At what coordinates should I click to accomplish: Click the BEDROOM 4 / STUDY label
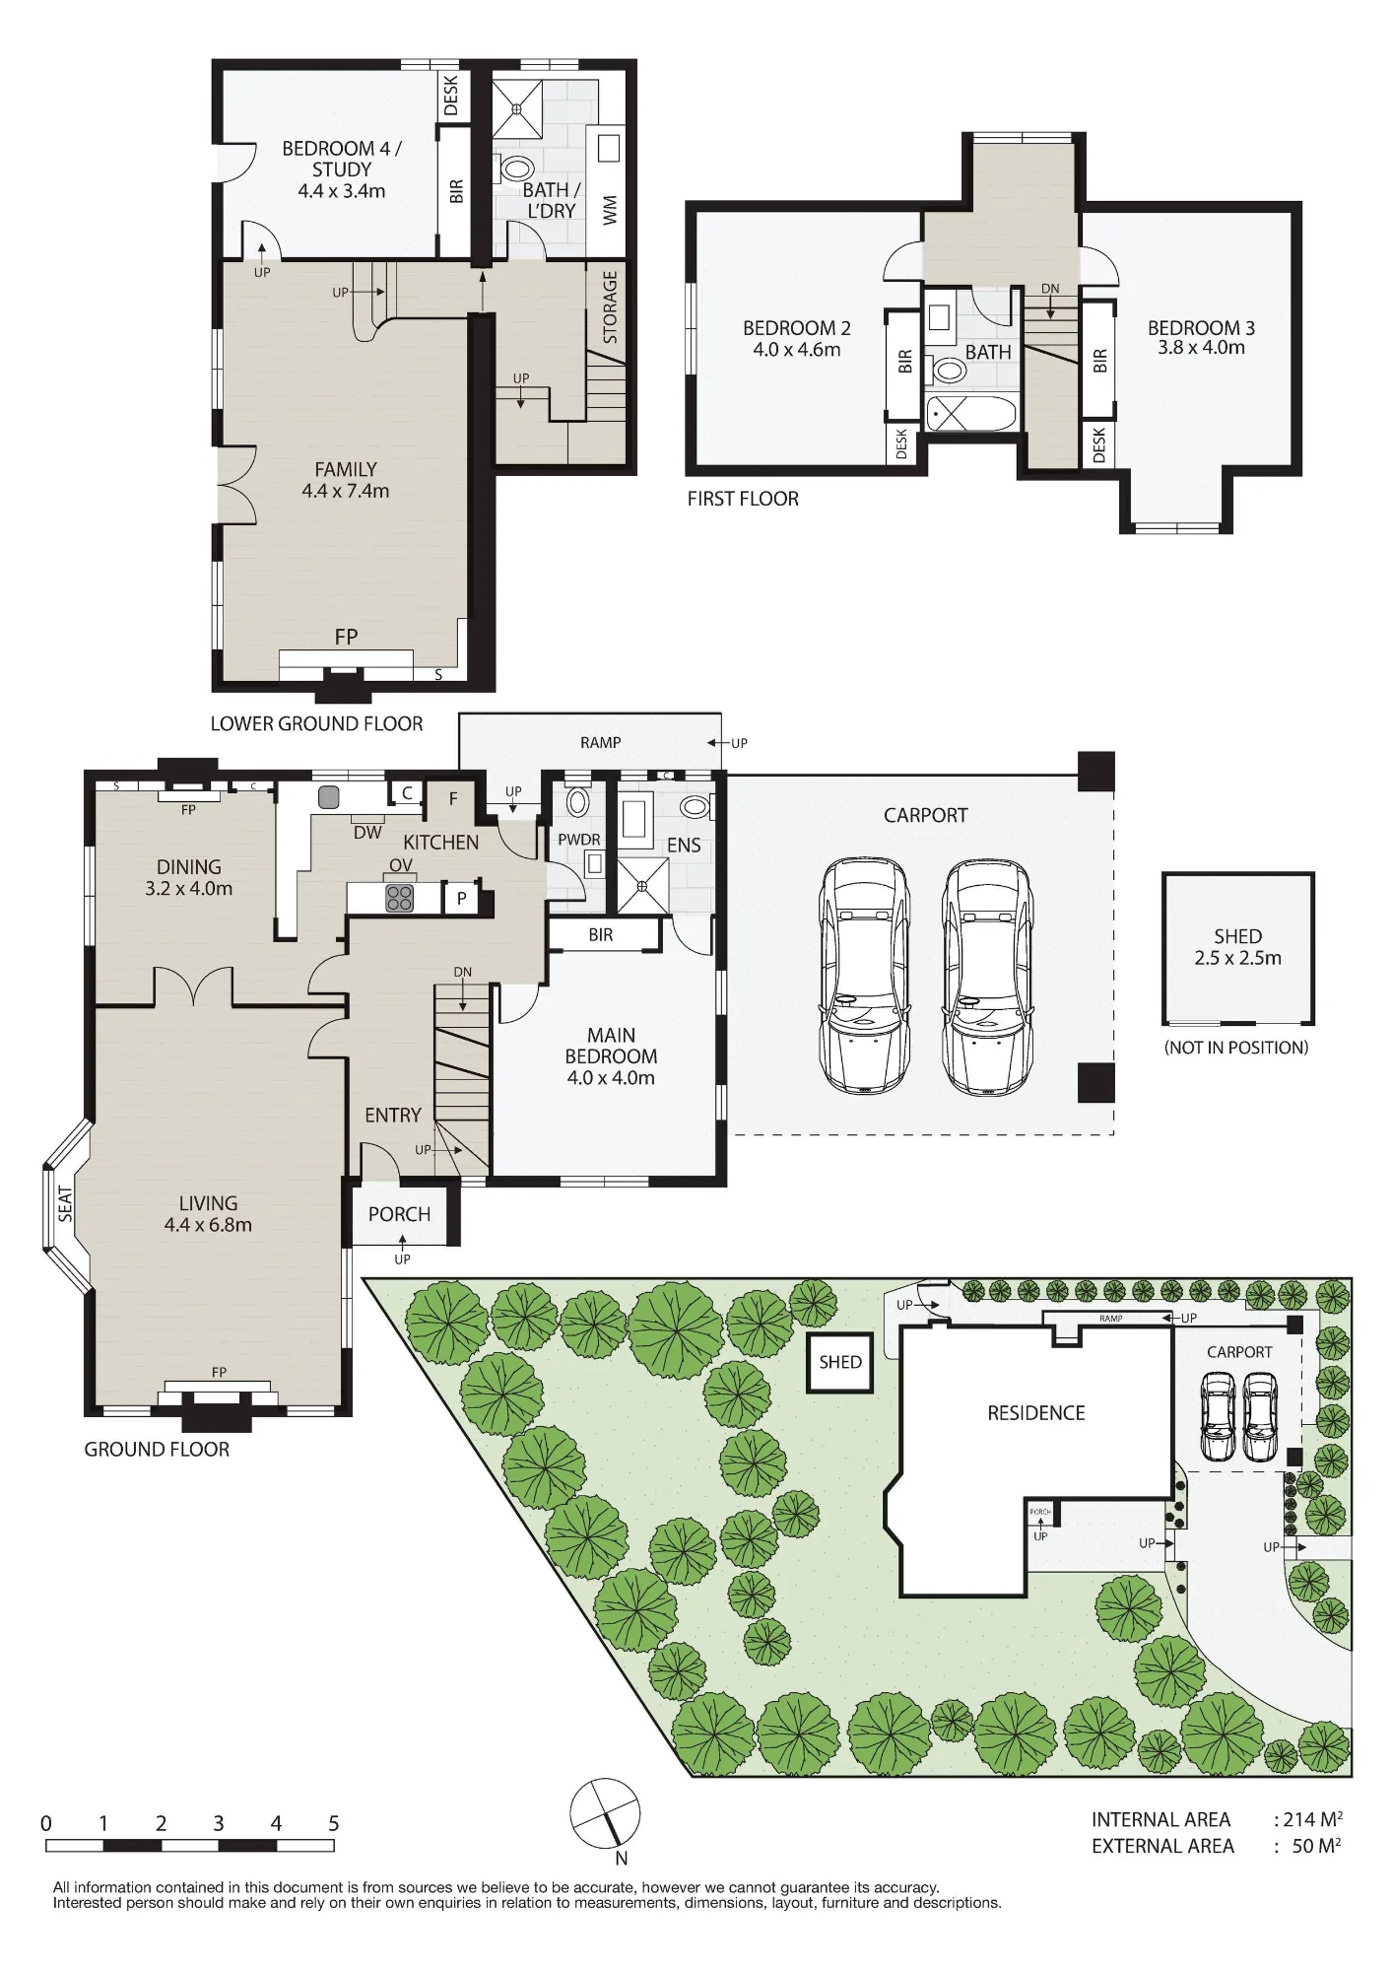coord(342,159)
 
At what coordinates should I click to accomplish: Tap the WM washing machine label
coord(610,209)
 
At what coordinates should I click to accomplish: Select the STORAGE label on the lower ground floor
coord(610,307)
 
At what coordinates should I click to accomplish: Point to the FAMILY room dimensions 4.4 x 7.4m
coord(346,491)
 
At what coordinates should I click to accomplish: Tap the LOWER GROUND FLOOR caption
coord(316,724)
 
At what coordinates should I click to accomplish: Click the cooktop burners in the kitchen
coord(400,898)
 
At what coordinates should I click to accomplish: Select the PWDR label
coord(579,840)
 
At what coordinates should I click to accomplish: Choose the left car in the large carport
coord(861,976)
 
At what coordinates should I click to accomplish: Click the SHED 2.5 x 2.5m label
coord(1237,947)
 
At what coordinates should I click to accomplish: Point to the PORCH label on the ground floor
coord(399,1214)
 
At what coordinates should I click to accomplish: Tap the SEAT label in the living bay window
coord(66,1204)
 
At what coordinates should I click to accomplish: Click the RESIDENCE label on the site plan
coord(1036,1413)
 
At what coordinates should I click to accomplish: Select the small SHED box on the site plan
coord(840,1362)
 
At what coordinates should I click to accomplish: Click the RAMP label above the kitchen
coord(600,742)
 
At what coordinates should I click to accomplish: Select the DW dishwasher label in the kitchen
coord(367,833)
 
